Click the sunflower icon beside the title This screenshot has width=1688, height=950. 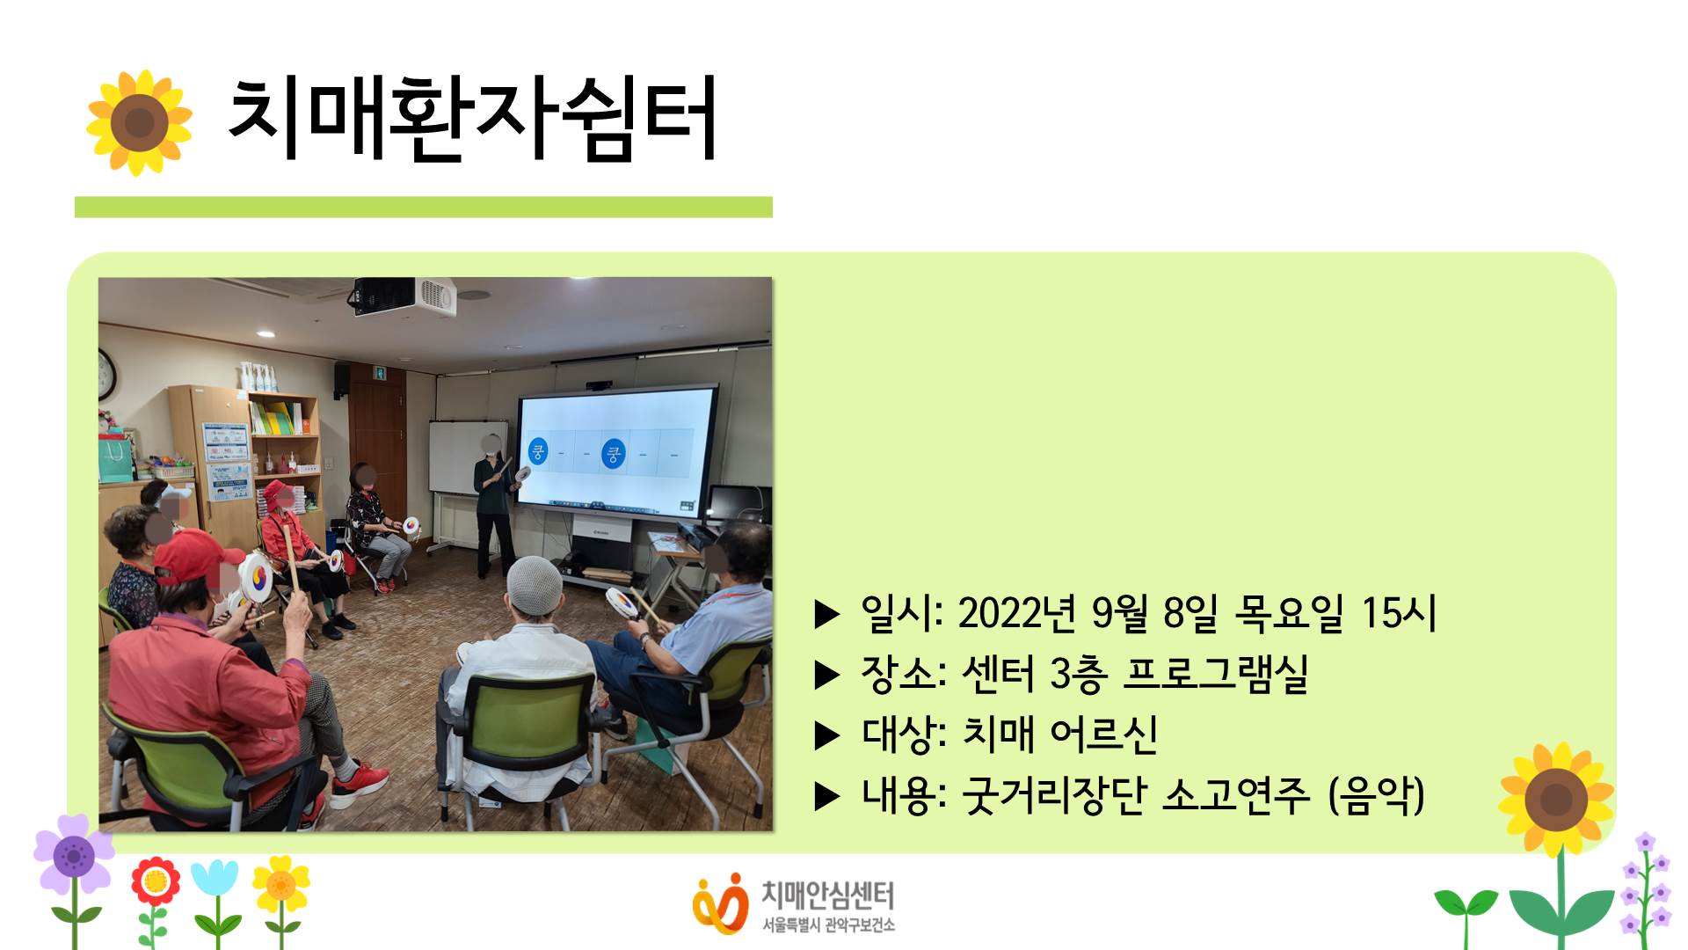139,122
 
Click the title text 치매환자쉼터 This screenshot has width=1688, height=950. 472,120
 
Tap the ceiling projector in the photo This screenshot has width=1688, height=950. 404,296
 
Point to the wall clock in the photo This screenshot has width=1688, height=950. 106,374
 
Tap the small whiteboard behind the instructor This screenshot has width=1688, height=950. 467,457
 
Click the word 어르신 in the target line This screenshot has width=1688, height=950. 1103,734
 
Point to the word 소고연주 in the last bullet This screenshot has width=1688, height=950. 1236,795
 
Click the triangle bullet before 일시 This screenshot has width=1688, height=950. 827,614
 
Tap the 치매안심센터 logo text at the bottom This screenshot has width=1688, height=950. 827,895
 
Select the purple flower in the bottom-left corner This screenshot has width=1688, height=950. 74,855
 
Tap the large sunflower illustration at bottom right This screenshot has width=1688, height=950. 1556,800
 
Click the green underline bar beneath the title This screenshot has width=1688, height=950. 424,207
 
